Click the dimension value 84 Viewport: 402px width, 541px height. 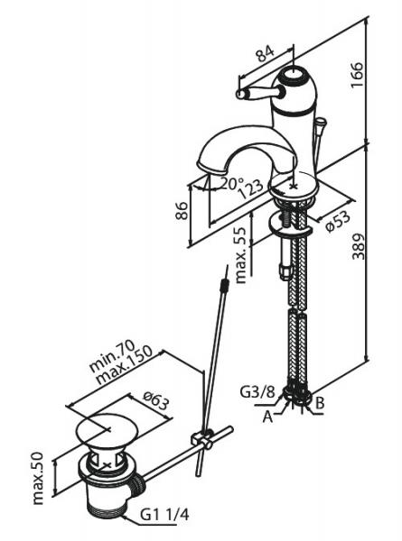[x=265, y=53]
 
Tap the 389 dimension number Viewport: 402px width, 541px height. [x=358, y=246]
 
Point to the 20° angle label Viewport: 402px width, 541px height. [x=232, y=183]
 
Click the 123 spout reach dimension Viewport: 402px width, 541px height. [x=251, y=189]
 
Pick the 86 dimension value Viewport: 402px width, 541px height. [x=182, y=210]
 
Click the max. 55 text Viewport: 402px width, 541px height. [x=241, y=255]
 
